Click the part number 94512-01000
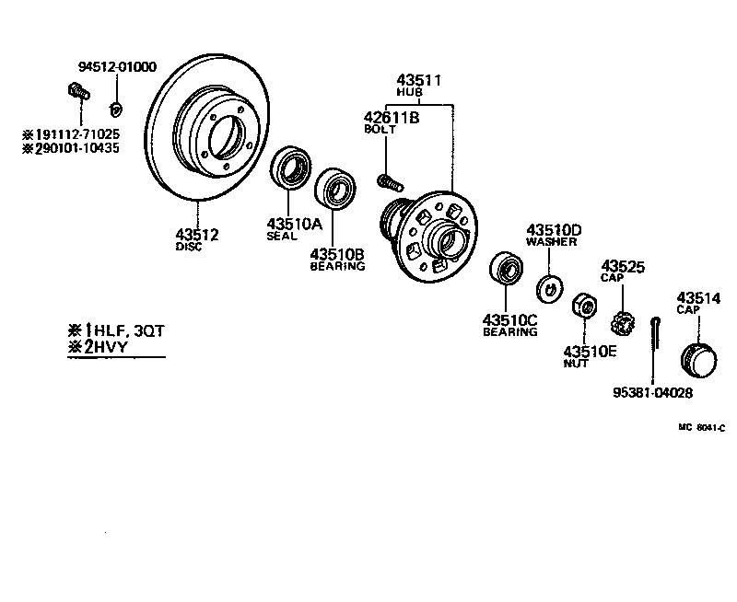pyautogui.click(x=117, y=67)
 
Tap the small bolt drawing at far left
pyautogui.click(x=77, y=91)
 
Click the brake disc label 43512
pyautogui.click(x=197, y=235)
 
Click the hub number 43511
pyautogui.click(x=419, y=80)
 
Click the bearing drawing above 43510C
pyautogui.click(x=506, y=268)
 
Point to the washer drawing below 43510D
pyautogui.click(x=550, y=287)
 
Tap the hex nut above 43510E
pyautogui.click(x=583, y=305)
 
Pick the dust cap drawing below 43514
pyautogui.click(x=697, y=358)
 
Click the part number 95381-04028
pyautogui.click(x=652, y=393)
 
